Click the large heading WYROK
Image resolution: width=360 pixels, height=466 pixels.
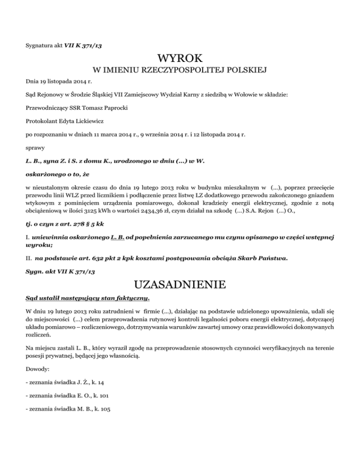(180, 59)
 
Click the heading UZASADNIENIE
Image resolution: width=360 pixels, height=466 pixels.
(180, 285)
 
